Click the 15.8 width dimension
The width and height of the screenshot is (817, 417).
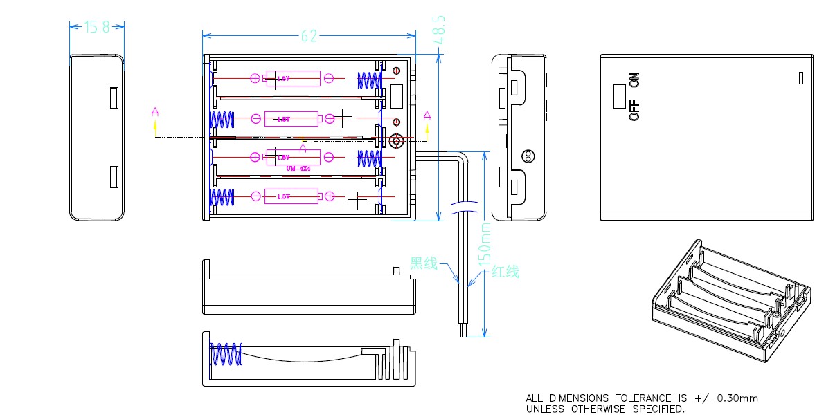point(97,27)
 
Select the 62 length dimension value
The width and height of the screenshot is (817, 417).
point(309,36)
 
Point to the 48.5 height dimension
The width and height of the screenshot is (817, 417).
point(438,30)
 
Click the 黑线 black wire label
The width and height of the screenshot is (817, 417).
point(424,263)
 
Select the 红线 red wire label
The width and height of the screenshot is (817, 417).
point(505,272)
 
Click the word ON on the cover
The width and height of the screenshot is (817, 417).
point(634,80)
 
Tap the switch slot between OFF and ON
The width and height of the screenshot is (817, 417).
point(618,97)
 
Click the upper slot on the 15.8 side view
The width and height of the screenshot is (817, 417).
point(113,98)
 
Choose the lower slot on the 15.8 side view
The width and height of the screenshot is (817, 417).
point(113,177)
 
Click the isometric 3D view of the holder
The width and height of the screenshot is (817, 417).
point(730,298)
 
